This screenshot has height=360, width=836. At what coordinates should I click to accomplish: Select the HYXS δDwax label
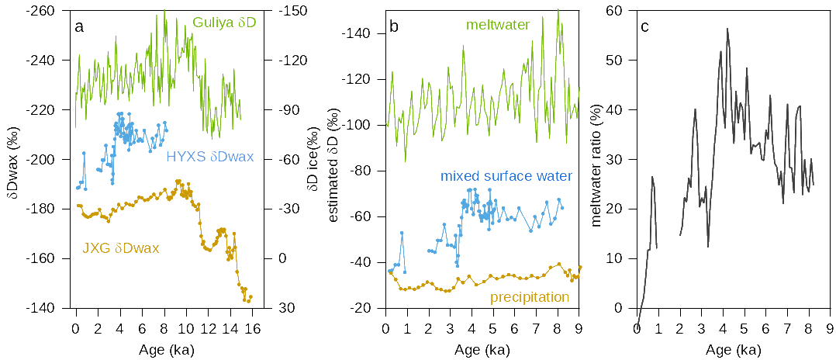tap(209, 157)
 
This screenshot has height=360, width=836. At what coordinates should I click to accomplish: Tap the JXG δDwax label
tap(120, 248)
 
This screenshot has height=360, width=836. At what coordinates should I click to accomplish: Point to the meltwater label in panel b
tap(497, 25)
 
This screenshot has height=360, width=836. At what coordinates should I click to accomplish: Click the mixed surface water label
tap(506, 178)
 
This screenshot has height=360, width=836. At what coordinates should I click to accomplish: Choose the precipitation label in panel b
tap(530, 297)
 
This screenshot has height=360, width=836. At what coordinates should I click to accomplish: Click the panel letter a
tap(79, 28)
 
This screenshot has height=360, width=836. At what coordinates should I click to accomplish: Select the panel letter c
tap(645, 28)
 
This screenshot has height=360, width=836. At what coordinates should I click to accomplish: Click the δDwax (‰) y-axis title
tap(12, 159)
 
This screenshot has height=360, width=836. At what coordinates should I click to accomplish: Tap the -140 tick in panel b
tap(364, 33)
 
